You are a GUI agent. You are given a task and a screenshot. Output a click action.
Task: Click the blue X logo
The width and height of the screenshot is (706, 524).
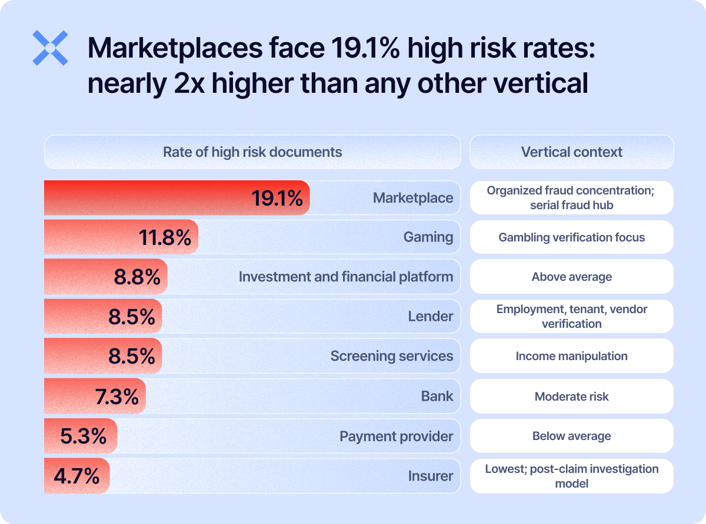click(50, 48)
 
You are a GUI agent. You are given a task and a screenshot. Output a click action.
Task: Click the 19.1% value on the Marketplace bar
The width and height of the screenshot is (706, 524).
click(277, 199)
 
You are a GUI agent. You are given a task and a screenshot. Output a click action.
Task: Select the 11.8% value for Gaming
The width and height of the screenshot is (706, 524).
click(165, 238)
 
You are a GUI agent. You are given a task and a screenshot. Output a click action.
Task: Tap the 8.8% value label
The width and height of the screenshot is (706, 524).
click(137, 277)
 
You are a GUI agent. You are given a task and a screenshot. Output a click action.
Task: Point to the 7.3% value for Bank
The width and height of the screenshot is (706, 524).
click(116, 397)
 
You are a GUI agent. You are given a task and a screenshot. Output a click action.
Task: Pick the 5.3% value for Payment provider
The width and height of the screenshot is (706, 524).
click(84, 436)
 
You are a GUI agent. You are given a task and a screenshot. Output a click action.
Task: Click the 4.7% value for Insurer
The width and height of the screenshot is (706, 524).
click(76, 476)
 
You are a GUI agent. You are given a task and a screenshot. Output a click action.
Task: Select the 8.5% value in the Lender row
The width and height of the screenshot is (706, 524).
click(132, 317)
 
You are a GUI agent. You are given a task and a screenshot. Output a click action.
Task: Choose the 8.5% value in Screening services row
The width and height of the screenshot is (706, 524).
click(132, 357)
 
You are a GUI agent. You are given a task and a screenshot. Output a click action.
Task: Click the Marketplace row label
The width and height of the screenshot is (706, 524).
click(413, 198)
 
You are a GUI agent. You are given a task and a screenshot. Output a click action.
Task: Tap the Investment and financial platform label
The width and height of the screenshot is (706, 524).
click(346, 277)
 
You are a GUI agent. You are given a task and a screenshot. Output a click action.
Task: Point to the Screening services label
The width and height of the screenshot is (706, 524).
click(392, 356)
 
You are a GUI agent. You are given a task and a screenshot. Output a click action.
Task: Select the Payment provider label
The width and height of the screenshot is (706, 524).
click(397, 436)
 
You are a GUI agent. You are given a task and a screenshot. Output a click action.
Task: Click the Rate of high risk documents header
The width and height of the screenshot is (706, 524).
click(252, 152)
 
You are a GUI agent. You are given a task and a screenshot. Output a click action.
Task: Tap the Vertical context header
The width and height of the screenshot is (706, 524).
click(571, 152)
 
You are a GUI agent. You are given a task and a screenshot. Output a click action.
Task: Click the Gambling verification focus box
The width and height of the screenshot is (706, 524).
click(571, 237)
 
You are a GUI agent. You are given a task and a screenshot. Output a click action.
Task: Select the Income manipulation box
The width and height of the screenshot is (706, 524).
click(571, 356)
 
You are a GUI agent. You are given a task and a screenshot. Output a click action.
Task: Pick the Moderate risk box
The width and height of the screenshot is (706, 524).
click(571, 397)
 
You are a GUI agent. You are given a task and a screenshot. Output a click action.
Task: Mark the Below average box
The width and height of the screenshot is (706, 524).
click(571, 436)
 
